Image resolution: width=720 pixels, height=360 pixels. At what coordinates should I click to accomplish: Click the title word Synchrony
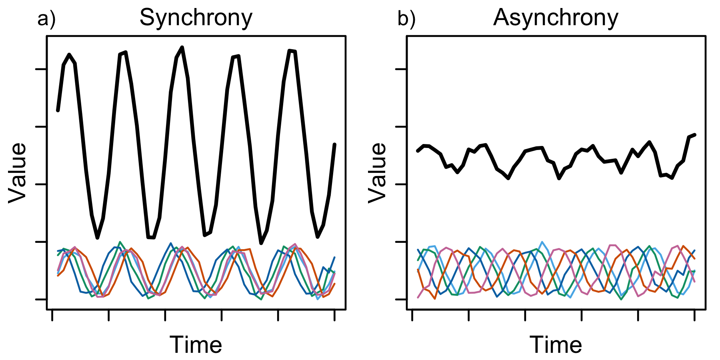[x=196, y=18]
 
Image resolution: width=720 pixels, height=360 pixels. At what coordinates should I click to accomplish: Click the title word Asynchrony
[x=556, y=18]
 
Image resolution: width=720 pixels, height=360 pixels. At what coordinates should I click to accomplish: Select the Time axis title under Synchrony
[x=196, y=345]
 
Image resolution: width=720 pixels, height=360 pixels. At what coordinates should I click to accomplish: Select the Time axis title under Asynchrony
[x=556, y=345]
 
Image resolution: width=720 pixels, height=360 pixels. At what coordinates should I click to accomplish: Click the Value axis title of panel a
[x=18, y=173]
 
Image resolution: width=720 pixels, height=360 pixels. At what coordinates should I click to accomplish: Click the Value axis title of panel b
[x=378, y=173]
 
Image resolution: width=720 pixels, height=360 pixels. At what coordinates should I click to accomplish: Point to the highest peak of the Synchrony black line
[x=182, y=47]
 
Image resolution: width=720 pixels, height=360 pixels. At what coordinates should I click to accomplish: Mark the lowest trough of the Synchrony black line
[x=261, y=243]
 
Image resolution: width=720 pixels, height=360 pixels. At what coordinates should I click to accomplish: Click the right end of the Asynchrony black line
[x=695, y=135]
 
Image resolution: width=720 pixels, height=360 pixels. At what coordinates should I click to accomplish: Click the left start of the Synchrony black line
[x=58, y=110]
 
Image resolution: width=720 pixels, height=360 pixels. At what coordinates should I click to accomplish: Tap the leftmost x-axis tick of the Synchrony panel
[x=52, y=315]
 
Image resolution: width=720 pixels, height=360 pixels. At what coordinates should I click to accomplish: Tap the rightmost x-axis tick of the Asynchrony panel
[x=694, y=315]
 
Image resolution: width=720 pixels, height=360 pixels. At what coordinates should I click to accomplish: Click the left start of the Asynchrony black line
[x=418, y=151]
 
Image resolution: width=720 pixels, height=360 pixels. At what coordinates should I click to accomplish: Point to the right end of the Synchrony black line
[x=334, y=144]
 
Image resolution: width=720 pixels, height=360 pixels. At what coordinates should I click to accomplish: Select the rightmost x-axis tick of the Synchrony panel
[x=334, y=315]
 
